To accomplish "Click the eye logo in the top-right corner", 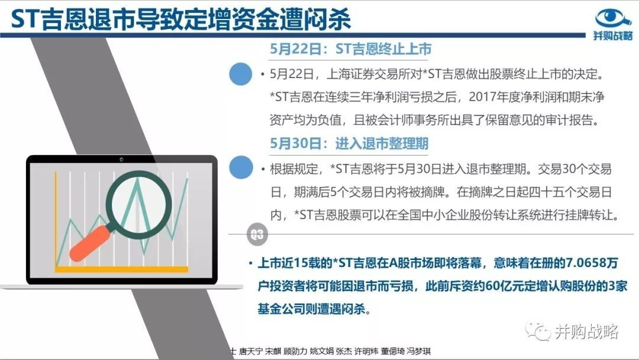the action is click(613, 18).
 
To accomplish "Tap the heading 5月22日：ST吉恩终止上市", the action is click(350, 49).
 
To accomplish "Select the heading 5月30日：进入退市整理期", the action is click(349, 143).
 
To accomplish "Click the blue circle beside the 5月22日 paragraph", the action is click(240, 74).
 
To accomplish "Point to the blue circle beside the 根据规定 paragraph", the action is click(240, 167).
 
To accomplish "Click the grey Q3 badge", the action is click(257, 234).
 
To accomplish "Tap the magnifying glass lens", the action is click(138, 204).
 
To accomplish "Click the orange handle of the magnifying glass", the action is click(90, 244).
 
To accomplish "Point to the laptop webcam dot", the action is click(121, 159).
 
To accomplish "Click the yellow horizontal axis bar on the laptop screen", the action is click(121, 269).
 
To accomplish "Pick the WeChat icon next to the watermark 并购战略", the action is click(537, 330).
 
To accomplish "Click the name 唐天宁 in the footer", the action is click(250, 351).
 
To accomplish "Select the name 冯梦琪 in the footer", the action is click(419, 351).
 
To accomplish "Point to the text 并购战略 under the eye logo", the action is click(613, 36).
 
